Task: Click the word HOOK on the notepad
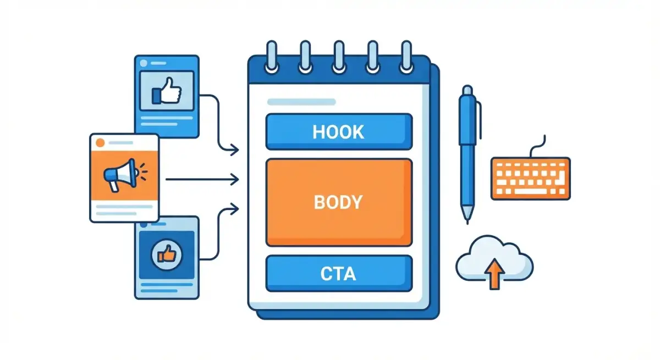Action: (x=338, y=132)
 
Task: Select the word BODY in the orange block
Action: (x=338, y=202)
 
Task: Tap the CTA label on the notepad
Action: (x=338, y=274)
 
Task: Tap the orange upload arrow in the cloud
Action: (x=496, y=274)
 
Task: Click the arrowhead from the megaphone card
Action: (x=235, y=179)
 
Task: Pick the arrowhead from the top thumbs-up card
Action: (x=235, y=149)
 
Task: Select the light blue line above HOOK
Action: (x=301, y=102)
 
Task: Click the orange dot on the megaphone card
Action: (x=100, y=143)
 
